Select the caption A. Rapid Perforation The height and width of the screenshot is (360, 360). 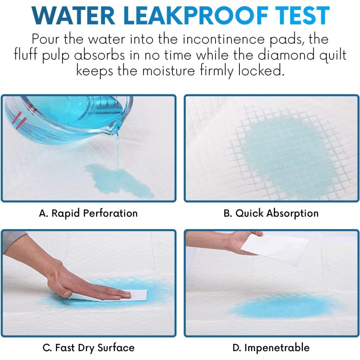(88, 213)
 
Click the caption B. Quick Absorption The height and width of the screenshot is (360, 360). (271, 213)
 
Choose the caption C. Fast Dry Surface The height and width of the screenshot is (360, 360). (88, 348)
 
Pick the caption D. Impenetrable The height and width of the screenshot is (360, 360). (271, 348)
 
